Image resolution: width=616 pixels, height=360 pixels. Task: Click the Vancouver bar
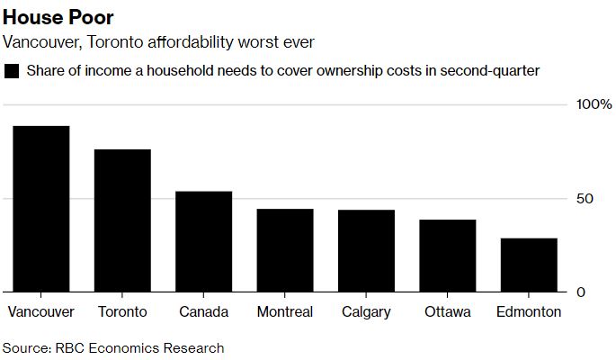[x=40, y=209]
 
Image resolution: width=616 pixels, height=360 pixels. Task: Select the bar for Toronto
[x=122, y=220]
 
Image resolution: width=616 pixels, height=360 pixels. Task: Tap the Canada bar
[x=203, y=241]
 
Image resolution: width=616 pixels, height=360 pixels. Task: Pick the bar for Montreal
[x=285, y=250]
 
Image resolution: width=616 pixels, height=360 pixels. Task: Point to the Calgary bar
[x=366, y=251]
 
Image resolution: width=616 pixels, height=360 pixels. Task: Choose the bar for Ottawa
[x=447, y=256]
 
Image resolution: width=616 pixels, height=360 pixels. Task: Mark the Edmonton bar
[x=529, y=265]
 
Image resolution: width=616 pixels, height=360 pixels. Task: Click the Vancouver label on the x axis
[x=40, y=312]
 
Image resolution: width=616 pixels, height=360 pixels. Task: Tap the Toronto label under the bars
[x=122, y=312]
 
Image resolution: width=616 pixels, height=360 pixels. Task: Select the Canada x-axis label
[x=203, y=312]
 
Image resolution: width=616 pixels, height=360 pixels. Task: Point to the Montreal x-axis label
[x=285, y=312]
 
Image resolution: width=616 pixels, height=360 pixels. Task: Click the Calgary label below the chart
[x=366, y=312]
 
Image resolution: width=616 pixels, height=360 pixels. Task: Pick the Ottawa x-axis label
[x=447, y=312]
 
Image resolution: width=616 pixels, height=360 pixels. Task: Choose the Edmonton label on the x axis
[x=529, y=312]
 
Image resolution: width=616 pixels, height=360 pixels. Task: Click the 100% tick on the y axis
[x=594, y=104]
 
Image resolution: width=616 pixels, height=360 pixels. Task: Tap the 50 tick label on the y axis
[x=585, y=198]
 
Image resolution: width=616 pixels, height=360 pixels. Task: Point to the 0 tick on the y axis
[x=581, y=292]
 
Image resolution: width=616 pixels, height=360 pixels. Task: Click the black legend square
[x=12, y=71]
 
